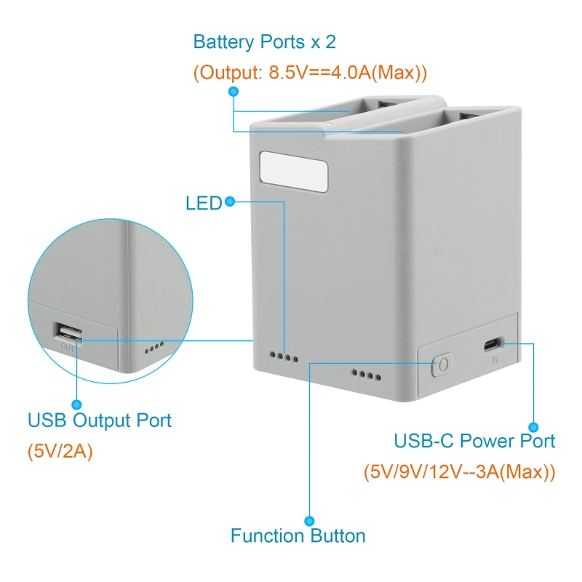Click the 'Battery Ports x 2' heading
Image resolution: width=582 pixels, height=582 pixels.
tap(265, 41)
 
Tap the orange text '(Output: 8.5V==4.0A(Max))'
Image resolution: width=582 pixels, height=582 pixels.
tap(311, 72)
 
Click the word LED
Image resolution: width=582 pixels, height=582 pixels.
tap(204, 203)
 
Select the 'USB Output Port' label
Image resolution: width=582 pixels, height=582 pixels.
tap(100, 420)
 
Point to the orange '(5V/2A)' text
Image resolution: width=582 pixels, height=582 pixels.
tap(60, 451)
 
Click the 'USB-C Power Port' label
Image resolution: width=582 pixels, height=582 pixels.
tap(474, 441)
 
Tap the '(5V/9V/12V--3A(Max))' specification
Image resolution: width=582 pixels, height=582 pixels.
tap(460, 471)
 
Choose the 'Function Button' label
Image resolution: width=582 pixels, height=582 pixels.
tap(298, 535)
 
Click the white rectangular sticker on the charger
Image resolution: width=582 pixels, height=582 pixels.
tap(294, 172)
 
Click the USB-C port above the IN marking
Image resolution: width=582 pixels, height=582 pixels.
tap(494, 346)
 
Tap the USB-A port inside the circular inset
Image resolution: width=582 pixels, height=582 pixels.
tap(68, 332)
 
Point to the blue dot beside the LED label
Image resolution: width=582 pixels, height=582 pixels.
tap(230, 202)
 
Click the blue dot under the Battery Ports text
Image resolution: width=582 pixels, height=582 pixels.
tap(234, 92)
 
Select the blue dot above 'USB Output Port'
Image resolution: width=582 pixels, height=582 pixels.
tap(77, 404)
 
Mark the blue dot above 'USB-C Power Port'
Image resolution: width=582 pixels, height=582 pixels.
tap(533, 427)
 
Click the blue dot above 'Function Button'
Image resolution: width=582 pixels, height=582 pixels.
tap(309, 521)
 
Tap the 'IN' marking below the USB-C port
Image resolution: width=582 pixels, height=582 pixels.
tap(495, 359)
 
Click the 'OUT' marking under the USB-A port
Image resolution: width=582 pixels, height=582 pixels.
tap(68, 348)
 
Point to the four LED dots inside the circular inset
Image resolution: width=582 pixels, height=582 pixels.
tap(154, 348)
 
